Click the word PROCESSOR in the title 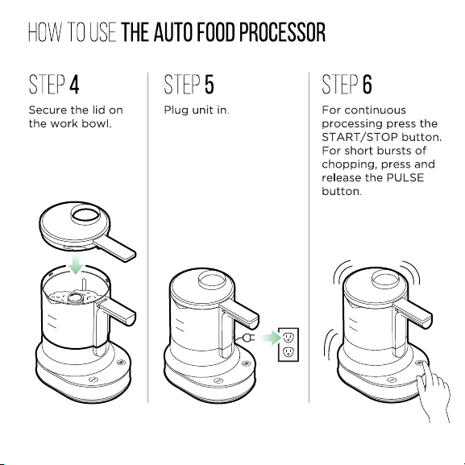point(282,32)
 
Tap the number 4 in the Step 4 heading point(74,85)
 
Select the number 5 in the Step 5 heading point(210,85)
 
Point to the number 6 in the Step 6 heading point(367,85)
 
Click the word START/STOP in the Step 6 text point(359,137)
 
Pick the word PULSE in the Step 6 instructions point(405,177)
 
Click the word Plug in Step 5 point(176,110)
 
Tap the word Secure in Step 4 point(48,110)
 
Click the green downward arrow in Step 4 point(76,264)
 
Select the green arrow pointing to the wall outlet point(272,338)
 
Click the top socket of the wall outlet point(289,338)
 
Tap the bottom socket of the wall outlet point(289,352)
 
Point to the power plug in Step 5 point(248,338)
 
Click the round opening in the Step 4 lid point(85,215)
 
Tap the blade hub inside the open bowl point(76,297)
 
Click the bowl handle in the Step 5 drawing point(239,315)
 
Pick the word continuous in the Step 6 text point(376,110)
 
